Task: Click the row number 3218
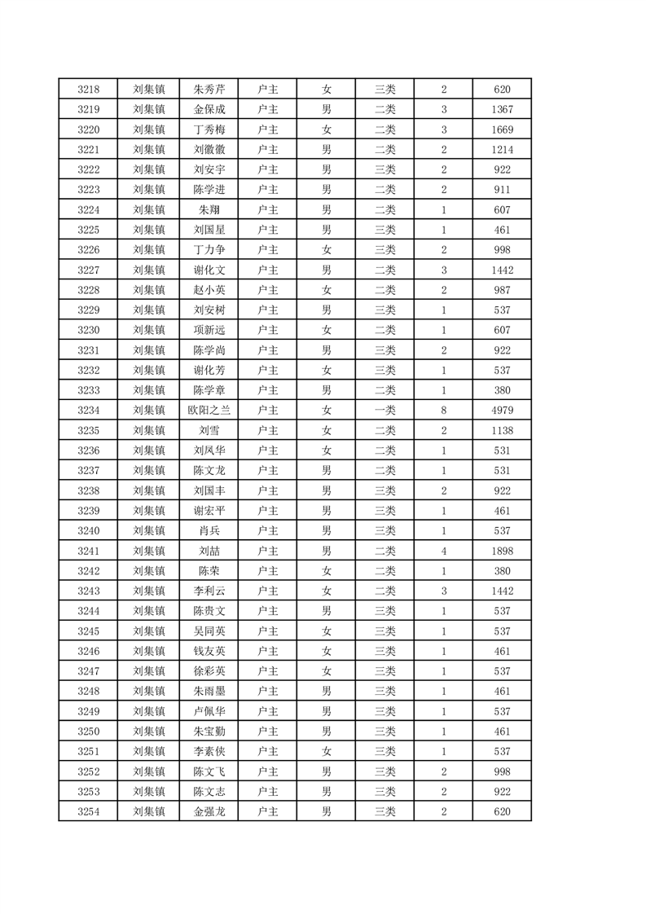(88, 90)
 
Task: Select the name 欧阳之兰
(209, 411)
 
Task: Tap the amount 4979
(502, 411)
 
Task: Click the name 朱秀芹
(209, 90)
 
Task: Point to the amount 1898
(502, 551)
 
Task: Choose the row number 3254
(88, 811)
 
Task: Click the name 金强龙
(209, 811)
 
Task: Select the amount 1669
(502, 130)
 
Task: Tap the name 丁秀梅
(209, 130)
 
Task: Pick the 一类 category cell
(385, 411)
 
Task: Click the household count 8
(443, 411)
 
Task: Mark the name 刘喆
(209, 551)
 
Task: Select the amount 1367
(502, 110)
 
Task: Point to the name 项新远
(209, 330)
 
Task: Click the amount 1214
(502, 150)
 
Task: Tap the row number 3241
(88, 551)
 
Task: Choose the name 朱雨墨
(209, 691)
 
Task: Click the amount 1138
(502, 430)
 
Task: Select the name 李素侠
(209, 751)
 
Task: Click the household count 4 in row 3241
(443, 551)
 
